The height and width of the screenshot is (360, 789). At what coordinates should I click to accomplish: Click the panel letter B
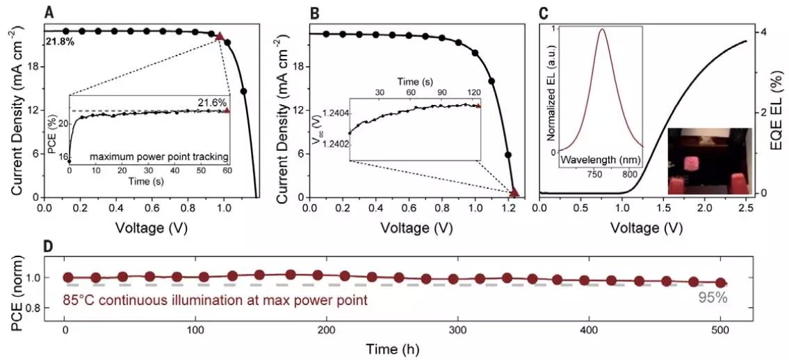314,12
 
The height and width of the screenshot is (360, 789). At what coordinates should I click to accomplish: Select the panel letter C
544,12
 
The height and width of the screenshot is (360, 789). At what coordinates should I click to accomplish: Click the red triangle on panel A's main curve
220,36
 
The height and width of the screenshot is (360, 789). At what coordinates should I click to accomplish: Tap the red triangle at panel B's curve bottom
514,193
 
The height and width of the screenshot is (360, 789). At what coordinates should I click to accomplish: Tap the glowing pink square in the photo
691,163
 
